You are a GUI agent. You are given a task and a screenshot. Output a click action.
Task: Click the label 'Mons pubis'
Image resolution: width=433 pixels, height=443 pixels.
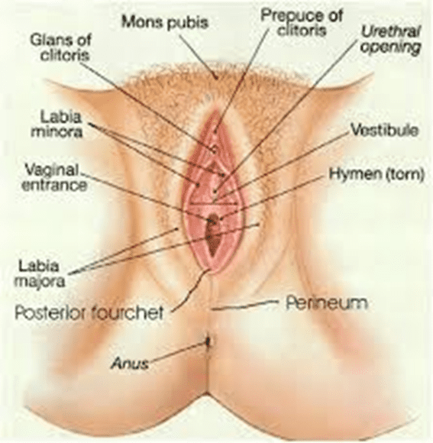point(165,22)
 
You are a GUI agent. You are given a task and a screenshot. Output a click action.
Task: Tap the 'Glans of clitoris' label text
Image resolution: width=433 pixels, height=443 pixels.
point(61,48)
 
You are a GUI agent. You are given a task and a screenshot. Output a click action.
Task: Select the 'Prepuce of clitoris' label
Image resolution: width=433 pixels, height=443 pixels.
point(302,23)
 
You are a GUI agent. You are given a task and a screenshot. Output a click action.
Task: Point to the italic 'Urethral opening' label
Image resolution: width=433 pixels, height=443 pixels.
point(391,40)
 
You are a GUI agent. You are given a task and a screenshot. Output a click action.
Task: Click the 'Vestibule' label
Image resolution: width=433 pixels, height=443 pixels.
point(384,131)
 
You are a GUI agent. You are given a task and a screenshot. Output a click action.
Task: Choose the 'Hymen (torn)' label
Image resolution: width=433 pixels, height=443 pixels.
point(376,174)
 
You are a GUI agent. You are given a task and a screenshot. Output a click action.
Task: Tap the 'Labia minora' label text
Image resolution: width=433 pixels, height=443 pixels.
point(57,124)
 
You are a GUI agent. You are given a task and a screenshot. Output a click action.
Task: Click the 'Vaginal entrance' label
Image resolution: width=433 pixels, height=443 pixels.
point(54,178)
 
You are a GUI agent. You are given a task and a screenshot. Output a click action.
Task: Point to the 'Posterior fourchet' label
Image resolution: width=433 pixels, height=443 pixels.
point(89,312)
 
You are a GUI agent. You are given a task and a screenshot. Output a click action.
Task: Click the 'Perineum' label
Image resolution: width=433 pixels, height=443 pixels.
point(327,303)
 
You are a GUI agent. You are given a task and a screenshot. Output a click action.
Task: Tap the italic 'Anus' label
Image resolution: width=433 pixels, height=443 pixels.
point(130,363)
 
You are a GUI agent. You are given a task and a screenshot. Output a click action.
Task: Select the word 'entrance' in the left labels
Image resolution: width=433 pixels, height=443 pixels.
point(54,186)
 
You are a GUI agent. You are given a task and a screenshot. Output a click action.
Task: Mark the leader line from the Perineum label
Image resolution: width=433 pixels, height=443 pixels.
point(244,306)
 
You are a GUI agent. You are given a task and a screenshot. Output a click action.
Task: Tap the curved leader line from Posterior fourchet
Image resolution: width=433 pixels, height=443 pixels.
point(189,291)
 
